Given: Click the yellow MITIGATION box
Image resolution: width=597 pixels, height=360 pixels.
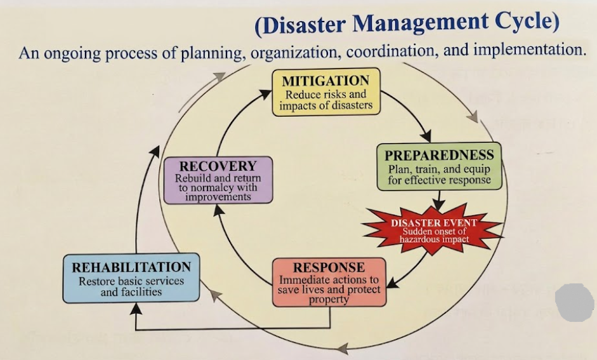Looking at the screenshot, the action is pyautogui.click(x=326, y=92).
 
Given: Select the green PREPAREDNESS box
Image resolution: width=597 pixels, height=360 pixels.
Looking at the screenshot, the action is pyautogui.click(x=440, y=166).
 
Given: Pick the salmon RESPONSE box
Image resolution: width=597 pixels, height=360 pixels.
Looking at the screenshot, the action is pyautogui.click(x=329, y=283).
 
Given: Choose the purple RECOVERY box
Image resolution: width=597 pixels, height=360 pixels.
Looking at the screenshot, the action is pyautogui.click(x=218, y=180).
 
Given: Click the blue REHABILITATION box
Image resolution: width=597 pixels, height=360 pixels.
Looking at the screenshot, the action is pyautogui.click(x=131, y=278).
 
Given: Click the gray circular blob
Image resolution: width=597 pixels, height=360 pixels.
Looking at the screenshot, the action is pyautogui.click(x=575, y=302).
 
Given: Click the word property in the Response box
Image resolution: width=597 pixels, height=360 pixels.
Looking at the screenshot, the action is pyautogui.click(x=329, y=300).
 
